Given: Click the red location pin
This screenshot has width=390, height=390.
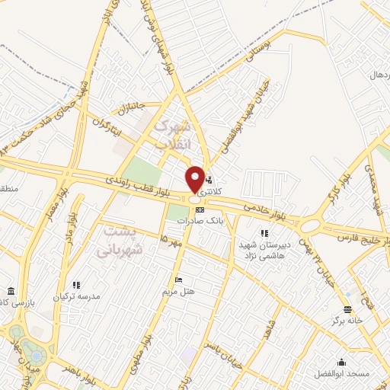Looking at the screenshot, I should click(x=195, y=180).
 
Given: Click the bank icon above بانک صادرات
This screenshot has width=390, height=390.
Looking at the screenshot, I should click(x=200, y=209).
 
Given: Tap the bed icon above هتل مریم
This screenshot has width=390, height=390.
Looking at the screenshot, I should click(x=179, y=280).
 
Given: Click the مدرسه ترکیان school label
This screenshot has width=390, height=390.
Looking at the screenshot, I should click(x=76, y=296).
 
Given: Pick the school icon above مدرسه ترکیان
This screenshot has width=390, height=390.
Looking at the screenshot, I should click(x=76, y=284).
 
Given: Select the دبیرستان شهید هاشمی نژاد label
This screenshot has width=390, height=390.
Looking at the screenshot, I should click(x=264, y=249).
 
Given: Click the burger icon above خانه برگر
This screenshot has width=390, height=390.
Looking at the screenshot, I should click(x=347, y=308).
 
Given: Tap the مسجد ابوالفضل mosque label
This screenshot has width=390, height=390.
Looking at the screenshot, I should click(x=341, y=375).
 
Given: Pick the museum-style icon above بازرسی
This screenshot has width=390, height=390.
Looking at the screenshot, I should click(x=10, y=292).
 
